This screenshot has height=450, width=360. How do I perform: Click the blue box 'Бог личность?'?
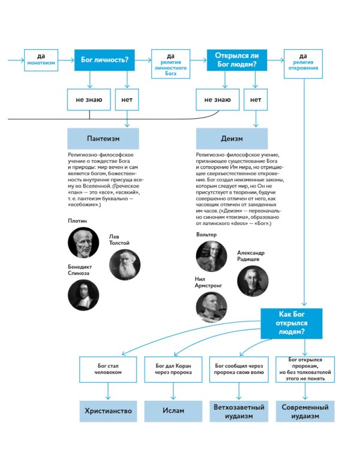click(x=104, y=59)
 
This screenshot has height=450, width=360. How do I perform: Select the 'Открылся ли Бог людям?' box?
click(x=236, y=59)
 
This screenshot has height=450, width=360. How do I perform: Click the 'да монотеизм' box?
click(x=41, y=60)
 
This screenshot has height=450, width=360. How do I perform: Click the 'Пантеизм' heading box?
click(x=103, y=138)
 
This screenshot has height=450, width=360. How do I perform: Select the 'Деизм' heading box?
click(x=232, y=138)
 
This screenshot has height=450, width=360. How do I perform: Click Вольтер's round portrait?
click(x=211, y=256)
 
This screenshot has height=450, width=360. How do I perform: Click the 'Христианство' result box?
click(x=109, y=411)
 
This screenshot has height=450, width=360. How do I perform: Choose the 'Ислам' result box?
click(x=174, y=411)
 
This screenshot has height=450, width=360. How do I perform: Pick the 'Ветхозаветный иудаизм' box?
click(x=239, y=411)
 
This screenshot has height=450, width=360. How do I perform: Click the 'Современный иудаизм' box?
click(x=305, y=411)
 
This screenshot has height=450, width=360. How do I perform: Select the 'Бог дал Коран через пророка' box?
click(x=174, y=369)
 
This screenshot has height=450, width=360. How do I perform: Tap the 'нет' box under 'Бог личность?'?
click(x=127, y=99)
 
